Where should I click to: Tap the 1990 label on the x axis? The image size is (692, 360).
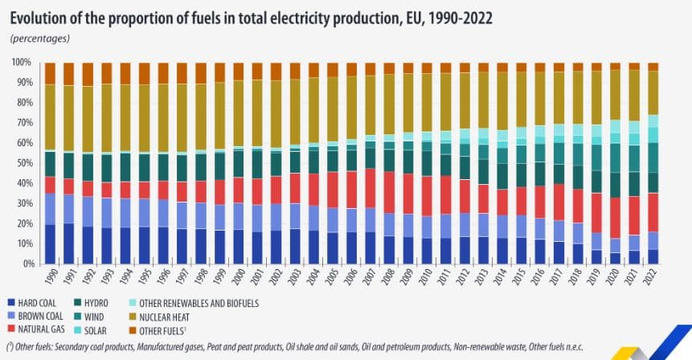[x=50, y=279]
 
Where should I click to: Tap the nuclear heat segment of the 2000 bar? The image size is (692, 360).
[x=238, y=112]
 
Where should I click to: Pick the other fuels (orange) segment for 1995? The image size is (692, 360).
[x=144, y=73]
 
